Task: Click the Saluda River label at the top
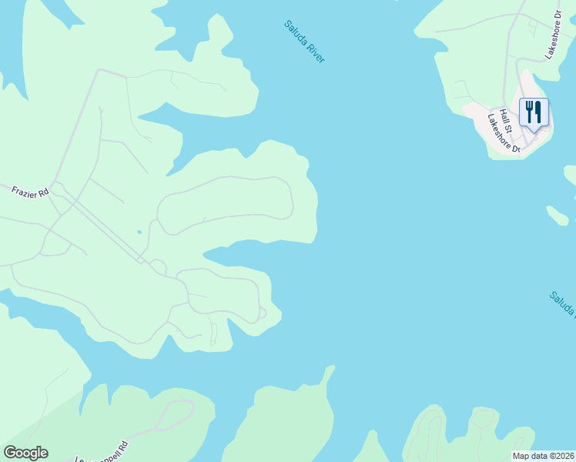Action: click(304, 42)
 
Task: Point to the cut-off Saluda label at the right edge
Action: click(562, 303)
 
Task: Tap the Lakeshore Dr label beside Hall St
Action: click(504, 132)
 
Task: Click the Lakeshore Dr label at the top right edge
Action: click(554, 35)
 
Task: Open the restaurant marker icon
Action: click(533, 112)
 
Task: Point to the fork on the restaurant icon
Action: click(528, 112)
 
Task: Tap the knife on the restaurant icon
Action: click(537, 112)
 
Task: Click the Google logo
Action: click(25, 453)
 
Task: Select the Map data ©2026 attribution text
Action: click(543, 456)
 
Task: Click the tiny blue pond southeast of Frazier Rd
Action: click(139, 231)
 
